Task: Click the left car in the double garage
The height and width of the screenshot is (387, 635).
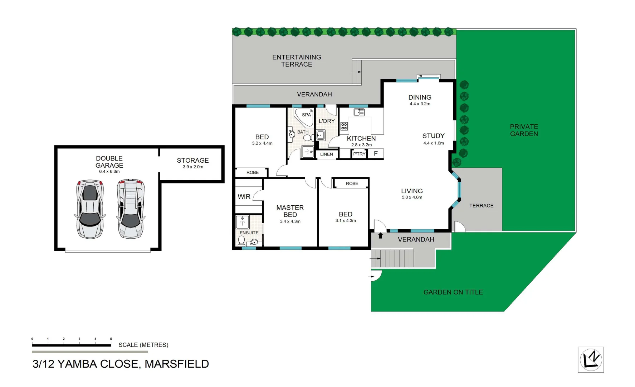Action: tap(89, 209)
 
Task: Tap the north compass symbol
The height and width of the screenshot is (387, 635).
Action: tap(591, 359)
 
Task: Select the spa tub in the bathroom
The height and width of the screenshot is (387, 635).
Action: tap(304, 117)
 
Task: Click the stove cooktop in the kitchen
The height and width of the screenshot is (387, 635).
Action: tap(344, 126)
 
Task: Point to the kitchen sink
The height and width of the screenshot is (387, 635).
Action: tap(359, 113)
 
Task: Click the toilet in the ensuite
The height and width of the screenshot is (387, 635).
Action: tap(241, 241)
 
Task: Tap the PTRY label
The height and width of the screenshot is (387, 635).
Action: tap(359, 154)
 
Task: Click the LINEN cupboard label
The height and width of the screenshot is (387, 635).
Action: tap(326, 154)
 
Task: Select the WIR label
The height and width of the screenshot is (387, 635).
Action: tap(244, 197)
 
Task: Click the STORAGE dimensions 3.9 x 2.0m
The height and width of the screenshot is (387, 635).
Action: tap(193, 167)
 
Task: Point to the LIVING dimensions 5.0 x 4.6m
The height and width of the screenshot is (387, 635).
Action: tap(412, 197)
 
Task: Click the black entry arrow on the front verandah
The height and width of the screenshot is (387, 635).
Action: tap(380, 235)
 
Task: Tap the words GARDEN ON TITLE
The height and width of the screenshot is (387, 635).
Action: tap(453, 292)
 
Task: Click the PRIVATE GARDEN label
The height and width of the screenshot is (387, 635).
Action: tap(524, 130)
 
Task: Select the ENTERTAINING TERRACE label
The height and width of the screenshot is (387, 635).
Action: tap(297, 61)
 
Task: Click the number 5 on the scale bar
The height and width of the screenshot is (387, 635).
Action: tap(111, 339)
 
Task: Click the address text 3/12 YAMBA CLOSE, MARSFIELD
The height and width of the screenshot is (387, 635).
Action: tap(121, 364)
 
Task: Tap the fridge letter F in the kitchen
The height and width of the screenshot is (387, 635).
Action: tap(376, 153)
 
